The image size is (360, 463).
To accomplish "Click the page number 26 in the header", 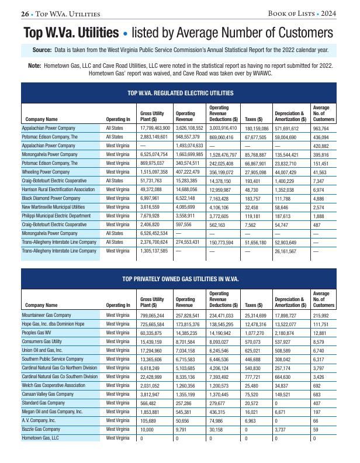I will coord(25,13).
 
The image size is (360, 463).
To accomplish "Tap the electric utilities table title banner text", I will coord(180,93).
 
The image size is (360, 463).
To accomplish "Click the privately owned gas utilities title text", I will coord(180,279).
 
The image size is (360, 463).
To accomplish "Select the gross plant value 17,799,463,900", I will coord(155,127).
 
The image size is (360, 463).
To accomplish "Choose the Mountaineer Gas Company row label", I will coord(46,315).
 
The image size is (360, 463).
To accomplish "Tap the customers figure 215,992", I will coord(323,315).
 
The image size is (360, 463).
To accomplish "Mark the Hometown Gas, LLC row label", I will coord(40,437).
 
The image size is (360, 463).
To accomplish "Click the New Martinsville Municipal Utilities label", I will coord(53,208).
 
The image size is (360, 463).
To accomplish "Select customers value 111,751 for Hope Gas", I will coord(322,323).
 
